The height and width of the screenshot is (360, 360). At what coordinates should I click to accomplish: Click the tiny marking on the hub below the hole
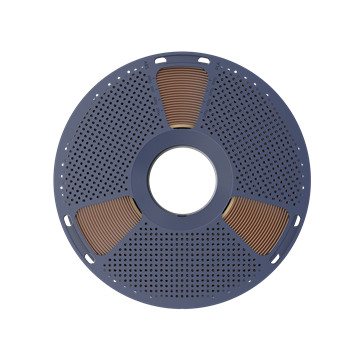coord(180,222)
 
